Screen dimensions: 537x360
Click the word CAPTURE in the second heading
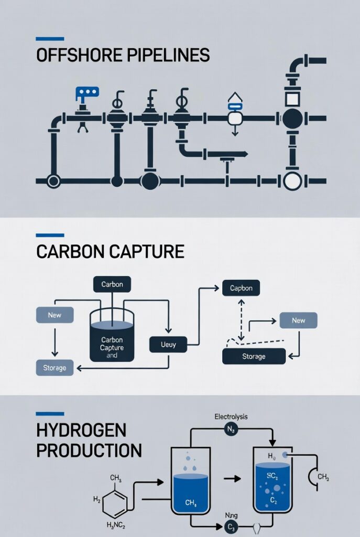tap(146, 252)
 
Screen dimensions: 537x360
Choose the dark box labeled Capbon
tap(241, 288)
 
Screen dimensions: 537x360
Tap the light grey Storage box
tap(55, 368)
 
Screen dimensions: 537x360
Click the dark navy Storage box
tap(254, 357)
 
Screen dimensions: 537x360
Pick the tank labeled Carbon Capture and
tap(112, 341)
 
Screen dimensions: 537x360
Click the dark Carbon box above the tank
tap(112, 284)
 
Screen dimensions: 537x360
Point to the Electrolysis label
tap(231, 417)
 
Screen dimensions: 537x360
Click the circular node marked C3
tap(231, 526)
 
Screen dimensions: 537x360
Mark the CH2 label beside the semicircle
tap(324, 478)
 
